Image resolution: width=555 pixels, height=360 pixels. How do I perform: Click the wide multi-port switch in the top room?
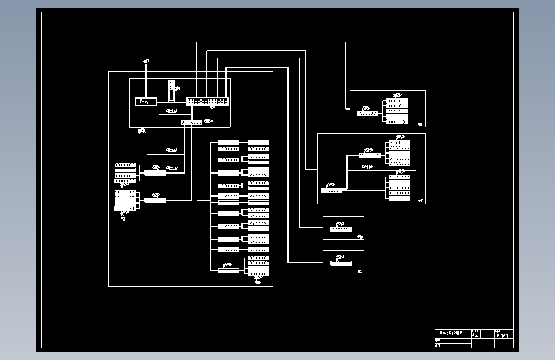[207, 101]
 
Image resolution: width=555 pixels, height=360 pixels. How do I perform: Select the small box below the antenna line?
[146, 101]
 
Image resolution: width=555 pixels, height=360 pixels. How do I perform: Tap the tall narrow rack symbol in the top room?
[172, 90]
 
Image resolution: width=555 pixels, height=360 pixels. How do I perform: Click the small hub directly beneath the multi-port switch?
[191, 122]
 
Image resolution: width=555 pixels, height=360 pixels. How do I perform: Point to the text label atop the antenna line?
[146, 61]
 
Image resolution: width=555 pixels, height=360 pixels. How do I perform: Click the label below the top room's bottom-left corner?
[141, 131]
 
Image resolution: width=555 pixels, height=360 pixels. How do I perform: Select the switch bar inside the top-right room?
[367, 113]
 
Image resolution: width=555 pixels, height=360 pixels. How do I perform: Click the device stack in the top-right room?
[398, 111]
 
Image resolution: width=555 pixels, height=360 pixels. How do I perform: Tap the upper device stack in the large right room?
[399, 152]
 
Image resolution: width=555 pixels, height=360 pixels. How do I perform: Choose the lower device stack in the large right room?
[399, 188]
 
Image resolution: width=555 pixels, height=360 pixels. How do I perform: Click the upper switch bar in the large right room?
[370, 154]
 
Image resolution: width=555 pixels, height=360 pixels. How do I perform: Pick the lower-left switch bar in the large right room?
[332, 190]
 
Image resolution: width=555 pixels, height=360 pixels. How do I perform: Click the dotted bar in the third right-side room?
[341, 229]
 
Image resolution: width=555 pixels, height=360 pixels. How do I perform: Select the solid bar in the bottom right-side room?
[342, 263]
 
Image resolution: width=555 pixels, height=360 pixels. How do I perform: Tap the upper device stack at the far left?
[125, 173]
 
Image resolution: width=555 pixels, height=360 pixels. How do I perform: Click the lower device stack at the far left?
[125, 200]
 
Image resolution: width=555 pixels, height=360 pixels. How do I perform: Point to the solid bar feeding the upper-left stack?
[155, 172]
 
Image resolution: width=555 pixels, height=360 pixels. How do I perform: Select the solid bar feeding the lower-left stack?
[155, 200]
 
